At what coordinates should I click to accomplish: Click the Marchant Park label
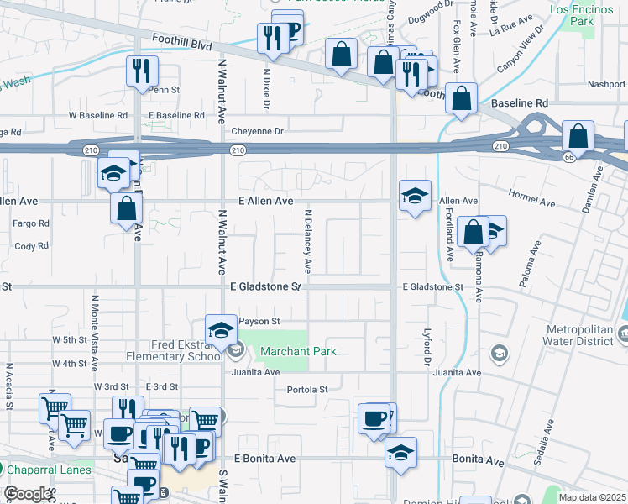[x=297, y=351]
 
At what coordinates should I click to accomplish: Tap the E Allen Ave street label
[x=265, y=202]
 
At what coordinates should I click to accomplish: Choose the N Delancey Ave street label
[x=308, y=241]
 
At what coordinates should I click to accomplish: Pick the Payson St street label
[x=259, y=321]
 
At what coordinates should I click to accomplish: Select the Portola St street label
[x=306, y=390]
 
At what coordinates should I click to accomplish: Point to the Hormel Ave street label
[x=532, y=202]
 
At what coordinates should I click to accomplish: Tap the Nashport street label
[x=607, y=84]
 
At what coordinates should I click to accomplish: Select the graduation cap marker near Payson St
[x=220, y=329]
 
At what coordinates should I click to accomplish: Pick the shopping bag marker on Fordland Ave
[x=473, y=232]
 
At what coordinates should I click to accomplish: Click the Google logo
[x=28, y=494]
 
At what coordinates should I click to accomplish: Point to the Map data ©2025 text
[x=592, y=497]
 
